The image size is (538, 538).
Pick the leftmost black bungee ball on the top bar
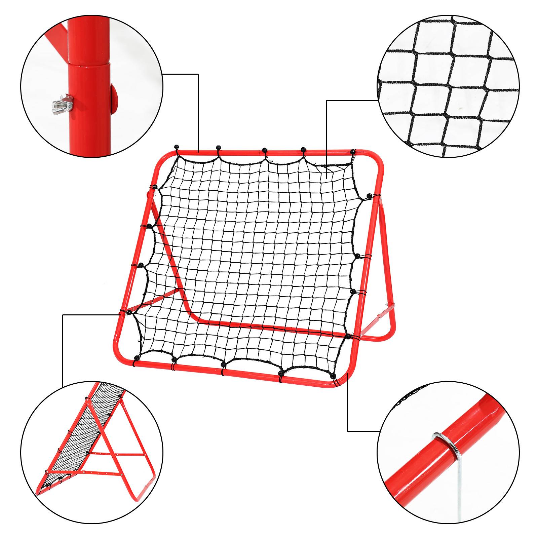pyautogui.click(x=176, y=147)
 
